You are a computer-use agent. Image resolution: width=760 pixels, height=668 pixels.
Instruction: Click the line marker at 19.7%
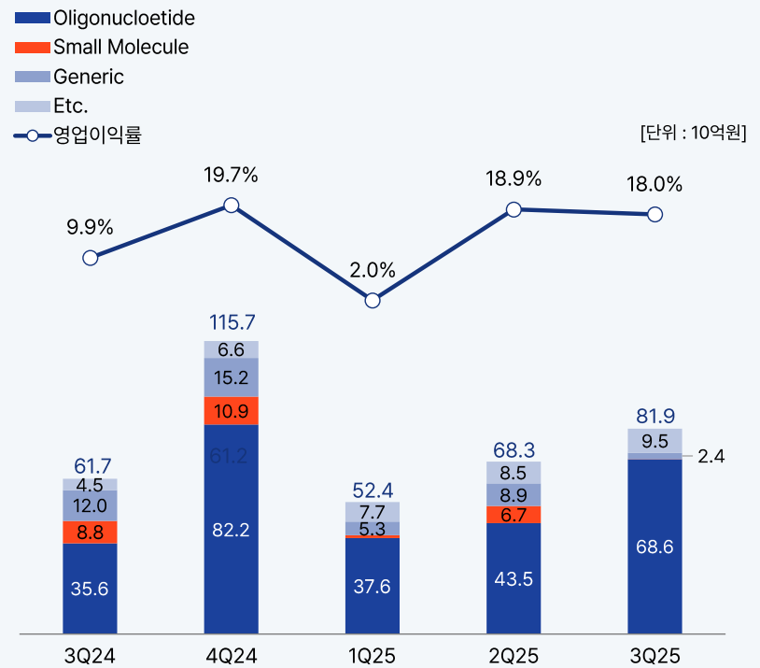pos(231,206)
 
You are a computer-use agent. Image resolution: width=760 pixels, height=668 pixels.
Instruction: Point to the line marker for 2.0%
pos(373,300)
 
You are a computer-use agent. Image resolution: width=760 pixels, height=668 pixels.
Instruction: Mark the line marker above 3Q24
pos(90,258)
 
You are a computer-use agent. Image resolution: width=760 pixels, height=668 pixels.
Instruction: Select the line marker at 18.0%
pos(654,214)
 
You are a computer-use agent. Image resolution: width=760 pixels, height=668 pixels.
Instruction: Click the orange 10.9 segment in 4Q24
pos(231,411)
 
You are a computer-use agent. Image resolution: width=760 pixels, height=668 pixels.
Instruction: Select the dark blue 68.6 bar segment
pos(654,547)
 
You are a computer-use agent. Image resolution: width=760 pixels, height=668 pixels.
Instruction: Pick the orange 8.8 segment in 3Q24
pos(90,533)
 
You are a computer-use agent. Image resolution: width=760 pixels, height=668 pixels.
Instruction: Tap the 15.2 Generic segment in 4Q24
pos(231,377)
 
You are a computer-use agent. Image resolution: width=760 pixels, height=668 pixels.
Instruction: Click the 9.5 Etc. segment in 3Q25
pos(654,441)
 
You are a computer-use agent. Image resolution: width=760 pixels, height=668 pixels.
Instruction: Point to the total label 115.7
pos(231,323)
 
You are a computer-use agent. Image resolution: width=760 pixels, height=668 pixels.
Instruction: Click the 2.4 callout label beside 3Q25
pos(711,457)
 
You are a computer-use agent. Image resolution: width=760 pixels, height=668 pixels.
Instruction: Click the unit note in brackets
pos(693,133)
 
